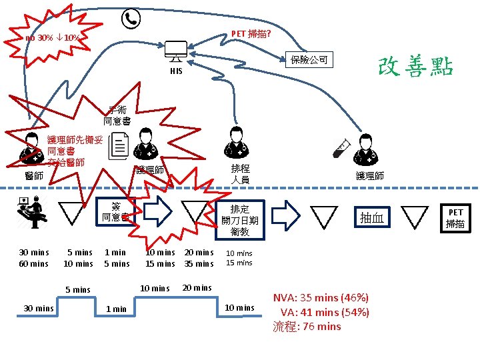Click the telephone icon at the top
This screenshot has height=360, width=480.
130,19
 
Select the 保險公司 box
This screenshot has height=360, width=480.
309,60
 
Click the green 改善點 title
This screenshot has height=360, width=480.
415,66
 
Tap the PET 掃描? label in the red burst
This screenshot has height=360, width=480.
250,34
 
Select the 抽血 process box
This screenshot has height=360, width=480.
371,218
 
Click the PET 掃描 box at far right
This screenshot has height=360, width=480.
455,218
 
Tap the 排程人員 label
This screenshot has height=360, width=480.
240,174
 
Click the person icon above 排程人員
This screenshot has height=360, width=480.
235,142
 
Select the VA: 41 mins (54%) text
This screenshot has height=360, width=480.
325,312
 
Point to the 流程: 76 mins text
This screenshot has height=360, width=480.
307,327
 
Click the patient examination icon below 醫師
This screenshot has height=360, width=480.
31,210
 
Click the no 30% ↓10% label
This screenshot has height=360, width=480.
53,38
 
